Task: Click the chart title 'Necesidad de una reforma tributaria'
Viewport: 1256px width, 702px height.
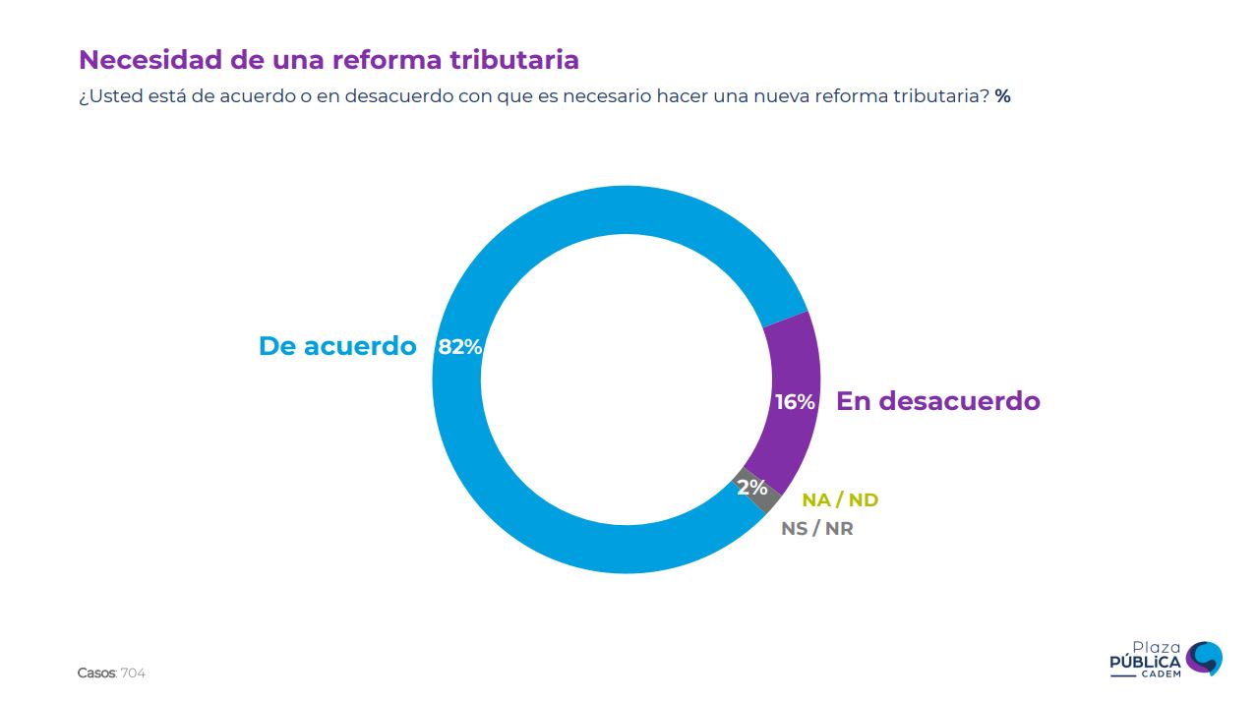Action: (x=329, y=60)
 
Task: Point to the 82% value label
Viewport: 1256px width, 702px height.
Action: (x=459, y=347)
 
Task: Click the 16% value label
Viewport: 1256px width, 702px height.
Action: (x=795, y=402)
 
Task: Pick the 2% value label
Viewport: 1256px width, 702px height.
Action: (x=752, y=488)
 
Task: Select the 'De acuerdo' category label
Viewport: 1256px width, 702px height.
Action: (x=337, y=346)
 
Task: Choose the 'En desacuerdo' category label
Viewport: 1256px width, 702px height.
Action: (x=937, y=401)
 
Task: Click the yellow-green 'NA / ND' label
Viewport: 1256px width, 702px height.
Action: (x=840, y=499)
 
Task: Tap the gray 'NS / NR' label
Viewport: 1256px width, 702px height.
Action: (x=817, y=528)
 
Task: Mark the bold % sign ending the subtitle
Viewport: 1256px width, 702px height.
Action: (x=1002, y=96)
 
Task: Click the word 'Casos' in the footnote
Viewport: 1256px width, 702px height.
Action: (x=95, y=673)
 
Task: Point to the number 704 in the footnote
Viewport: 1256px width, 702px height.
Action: (x=133, y=673)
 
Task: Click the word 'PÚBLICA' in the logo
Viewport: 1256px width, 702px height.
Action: (x=1145, y=663)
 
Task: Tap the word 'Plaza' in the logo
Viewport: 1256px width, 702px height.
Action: (x=1156, y=647)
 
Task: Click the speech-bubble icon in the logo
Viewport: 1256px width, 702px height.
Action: (x=1204, y=658)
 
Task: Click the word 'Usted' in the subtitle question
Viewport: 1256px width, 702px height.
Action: (x=111, y=96)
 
